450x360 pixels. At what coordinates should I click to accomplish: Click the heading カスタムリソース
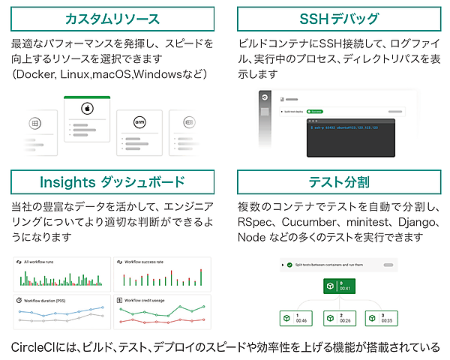(112, 18)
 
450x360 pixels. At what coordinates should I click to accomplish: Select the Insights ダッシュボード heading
(112, 182)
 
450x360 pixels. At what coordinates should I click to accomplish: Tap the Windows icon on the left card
(34, 122)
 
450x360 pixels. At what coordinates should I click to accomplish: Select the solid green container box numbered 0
(337, 286)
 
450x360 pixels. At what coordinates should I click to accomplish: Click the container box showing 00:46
(295, 317)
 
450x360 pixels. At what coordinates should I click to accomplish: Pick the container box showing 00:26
(337, 317)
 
